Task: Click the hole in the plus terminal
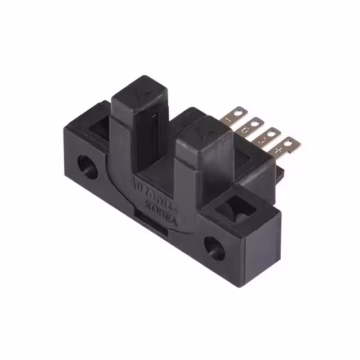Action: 289,144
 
